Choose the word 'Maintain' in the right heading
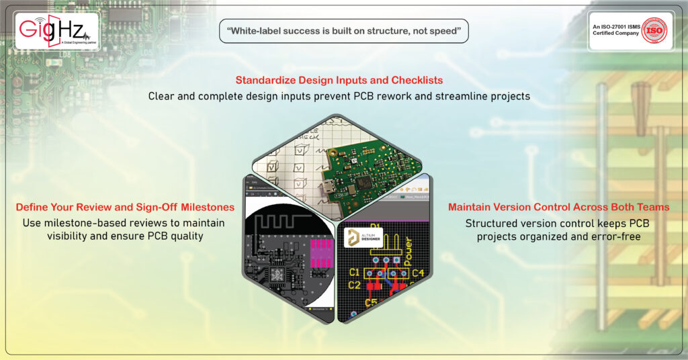pos(472,207)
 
